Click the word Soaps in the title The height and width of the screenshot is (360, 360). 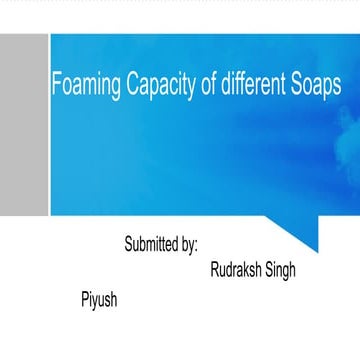click(316, 87)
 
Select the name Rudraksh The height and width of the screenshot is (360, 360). click(239, 270)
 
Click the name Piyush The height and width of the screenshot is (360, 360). click(99, 299)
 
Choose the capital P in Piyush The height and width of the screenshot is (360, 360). click(84, 298)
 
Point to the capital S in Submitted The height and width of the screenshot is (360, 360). click(129, 244)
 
